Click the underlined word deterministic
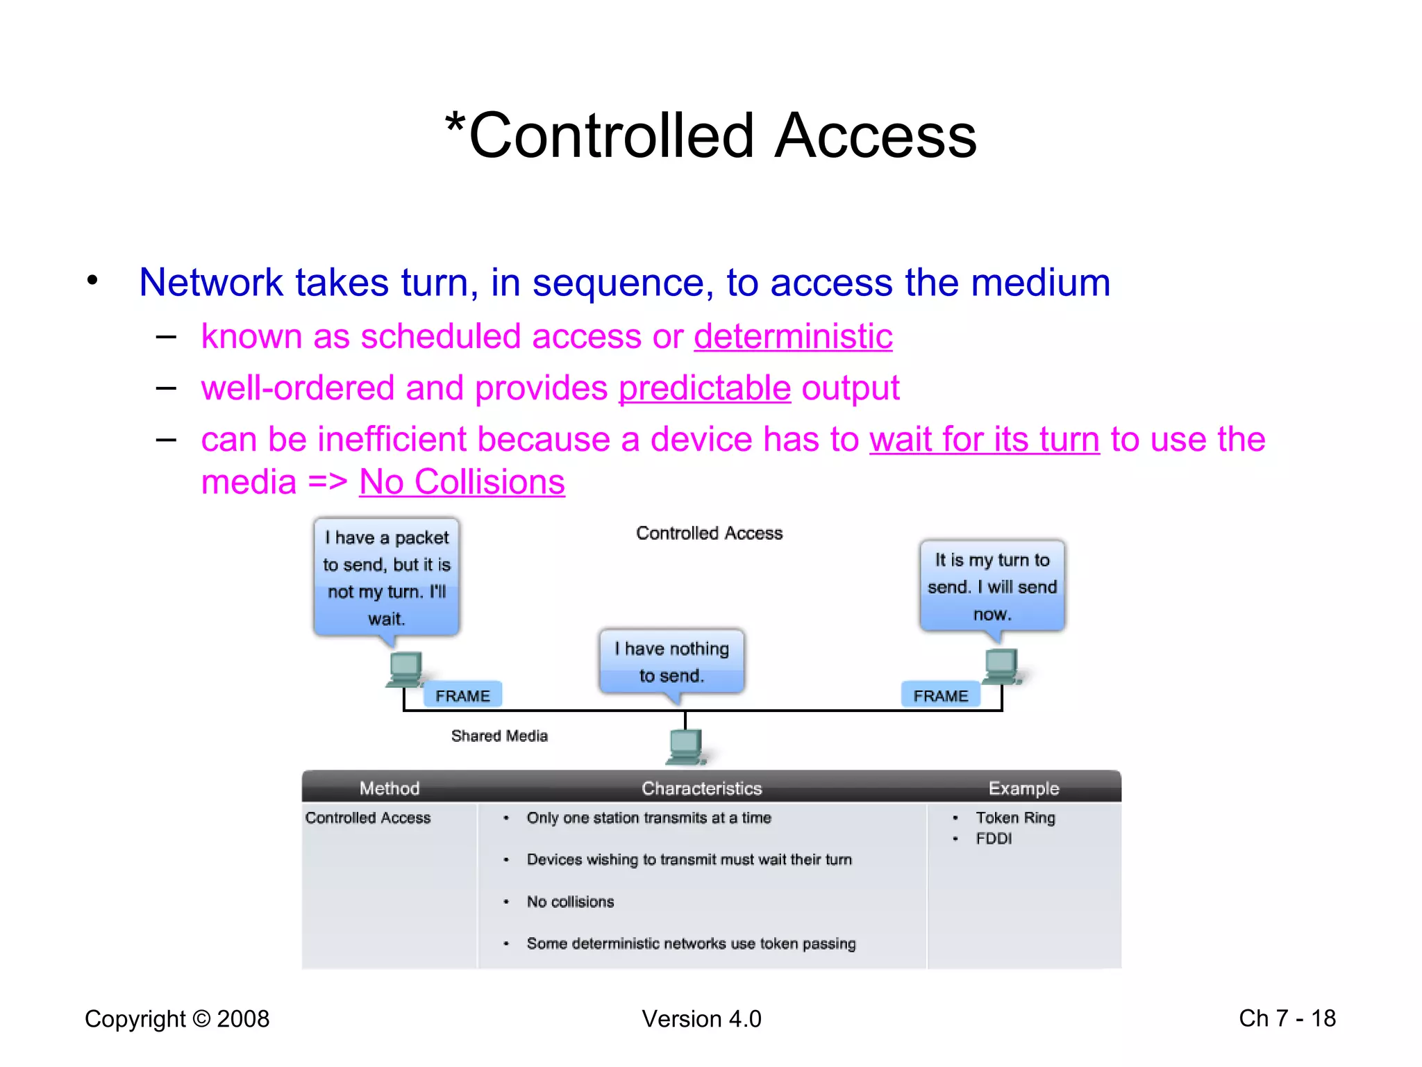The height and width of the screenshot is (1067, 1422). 793,337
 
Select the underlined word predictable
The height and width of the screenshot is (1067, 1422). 704,388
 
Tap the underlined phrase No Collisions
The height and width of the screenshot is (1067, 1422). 462,482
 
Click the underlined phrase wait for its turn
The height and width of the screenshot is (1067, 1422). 985,440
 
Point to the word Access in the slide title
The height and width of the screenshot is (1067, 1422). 876,135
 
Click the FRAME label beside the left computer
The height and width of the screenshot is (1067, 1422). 462,695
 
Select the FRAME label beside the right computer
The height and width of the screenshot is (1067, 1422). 940,695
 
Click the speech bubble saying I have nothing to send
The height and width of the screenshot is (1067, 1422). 671,661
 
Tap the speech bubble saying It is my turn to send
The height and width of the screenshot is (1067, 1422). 992,586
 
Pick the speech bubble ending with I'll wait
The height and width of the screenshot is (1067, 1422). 387,577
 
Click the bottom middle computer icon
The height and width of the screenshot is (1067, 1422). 686,747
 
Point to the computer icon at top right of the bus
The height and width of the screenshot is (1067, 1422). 1002,665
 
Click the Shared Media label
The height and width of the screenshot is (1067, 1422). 499,736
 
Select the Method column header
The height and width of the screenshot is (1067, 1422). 390,788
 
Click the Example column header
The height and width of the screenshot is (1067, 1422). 1023,788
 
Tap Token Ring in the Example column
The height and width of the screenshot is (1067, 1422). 1015,818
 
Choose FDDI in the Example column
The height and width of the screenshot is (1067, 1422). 994,838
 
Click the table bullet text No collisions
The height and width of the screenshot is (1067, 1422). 570,902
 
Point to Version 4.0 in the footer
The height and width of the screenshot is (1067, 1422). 701,1019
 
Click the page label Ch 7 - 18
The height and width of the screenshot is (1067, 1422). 1287,1018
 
